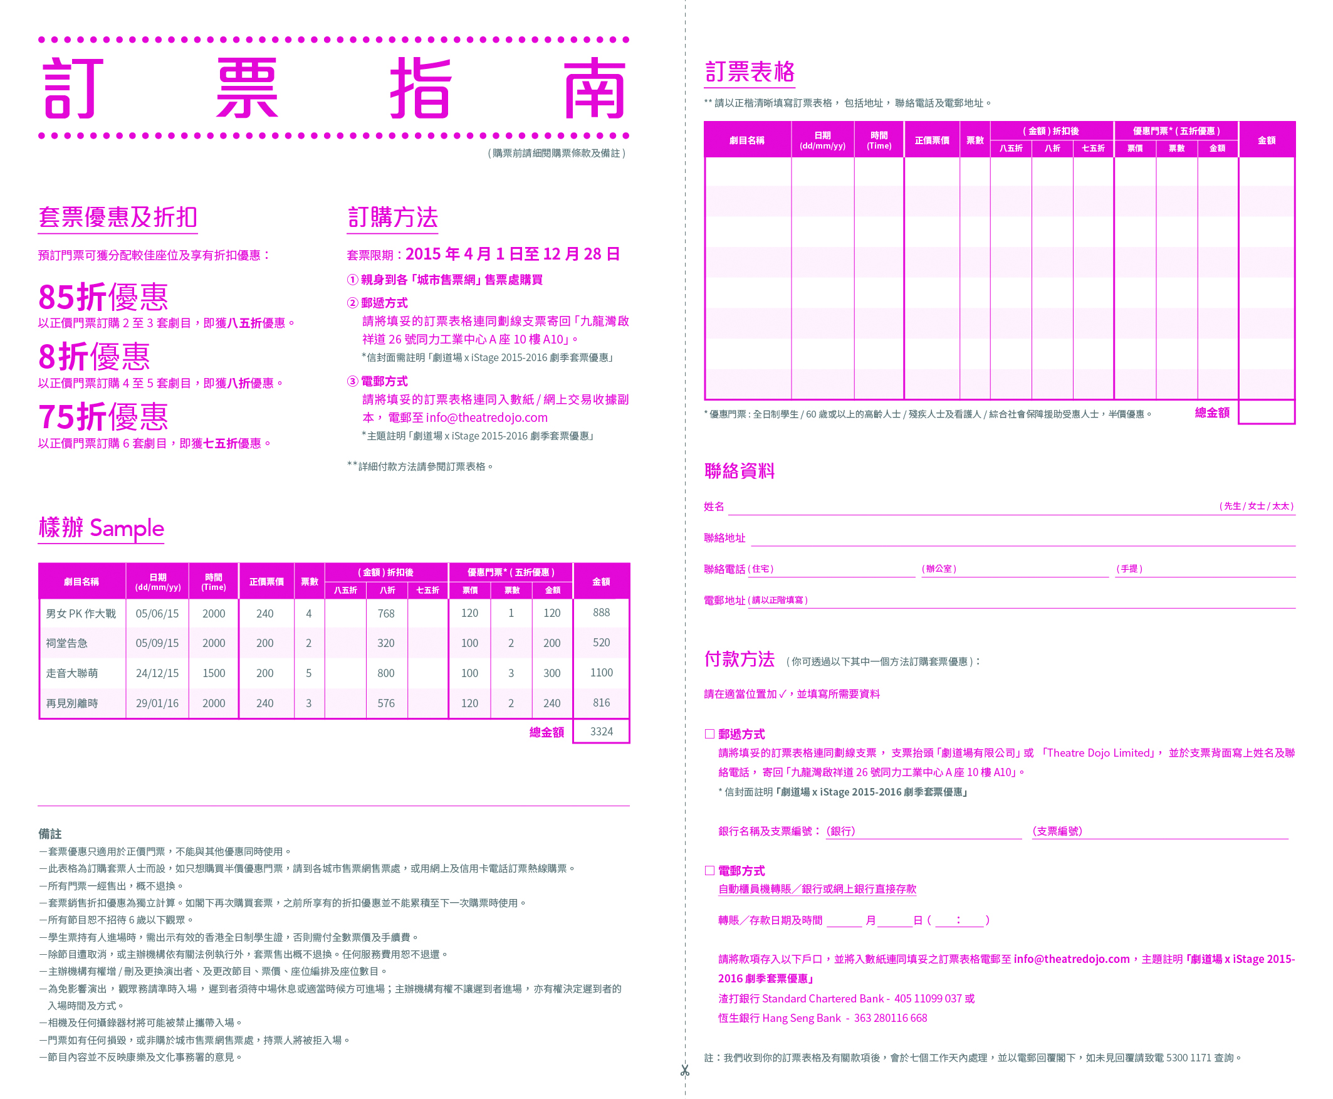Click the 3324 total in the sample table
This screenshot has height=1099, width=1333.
(x=600, y=731)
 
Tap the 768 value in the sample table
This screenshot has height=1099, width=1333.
(x=385, y=613)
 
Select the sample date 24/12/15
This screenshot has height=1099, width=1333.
(x=157, y=673)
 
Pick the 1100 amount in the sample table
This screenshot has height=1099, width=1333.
(x=600, y=672)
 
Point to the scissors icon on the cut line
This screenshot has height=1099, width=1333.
(x=684, y=1071)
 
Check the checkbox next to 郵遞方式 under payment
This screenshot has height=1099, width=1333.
(x=709, y=734)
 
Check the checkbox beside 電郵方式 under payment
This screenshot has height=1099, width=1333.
(x=709, y=870)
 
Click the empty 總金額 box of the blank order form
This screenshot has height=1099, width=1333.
(x=1266, y=412)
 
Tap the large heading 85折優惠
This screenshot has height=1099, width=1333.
(x=103, y=297)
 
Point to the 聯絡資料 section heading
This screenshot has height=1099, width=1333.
(x=740, y=471)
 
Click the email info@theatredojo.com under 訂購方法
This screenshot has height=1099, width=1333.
(x=486, y=418)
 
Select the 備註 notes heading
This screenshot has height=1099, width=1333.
(x=50, y=834)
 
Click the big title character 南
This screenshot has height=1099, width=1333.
(x=595, y=88)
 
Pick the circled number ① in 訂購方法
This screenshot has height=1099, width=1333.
(x=353, y=280)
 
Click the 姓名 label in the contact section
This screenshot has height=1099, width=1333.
(x=714, y=507)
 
